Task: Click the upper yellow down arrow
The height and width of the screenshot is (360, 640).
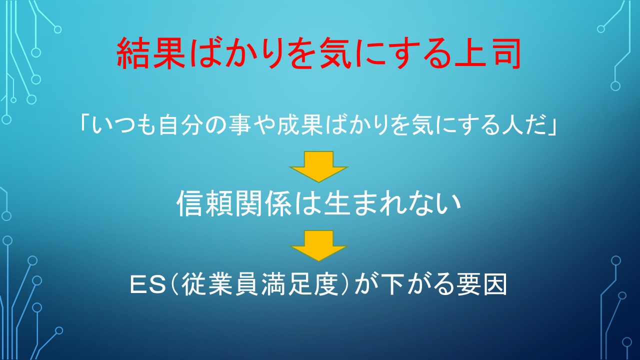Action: pos(318,166)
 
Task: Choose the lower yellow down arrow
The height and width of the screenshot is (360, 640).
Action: pos(318,245)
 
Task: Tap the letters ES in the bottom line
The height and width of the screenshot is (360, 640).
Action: pos(148,284)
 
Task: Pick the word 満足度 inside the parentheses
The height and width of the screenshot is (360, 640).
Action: pos(300,284)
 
